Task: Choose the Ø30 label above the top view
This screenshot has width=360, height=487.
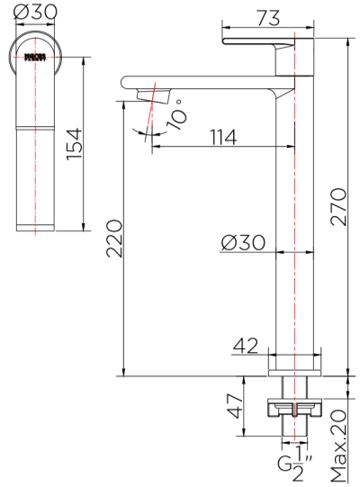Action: tap(36, 13)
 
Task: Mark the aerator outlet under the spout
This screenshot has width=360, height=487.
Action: tap(148, 94)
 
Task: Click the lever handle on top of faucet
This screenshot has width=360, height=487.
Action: tap(266, 41)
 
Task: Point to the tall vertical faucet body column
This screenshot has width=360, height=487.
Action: tap(294, 225)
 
